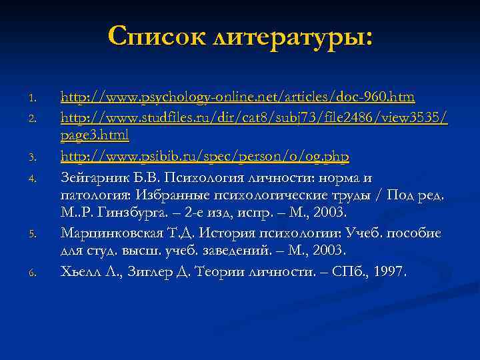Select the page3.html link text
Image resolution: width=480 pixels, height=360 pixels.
[x=95, y=135]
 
